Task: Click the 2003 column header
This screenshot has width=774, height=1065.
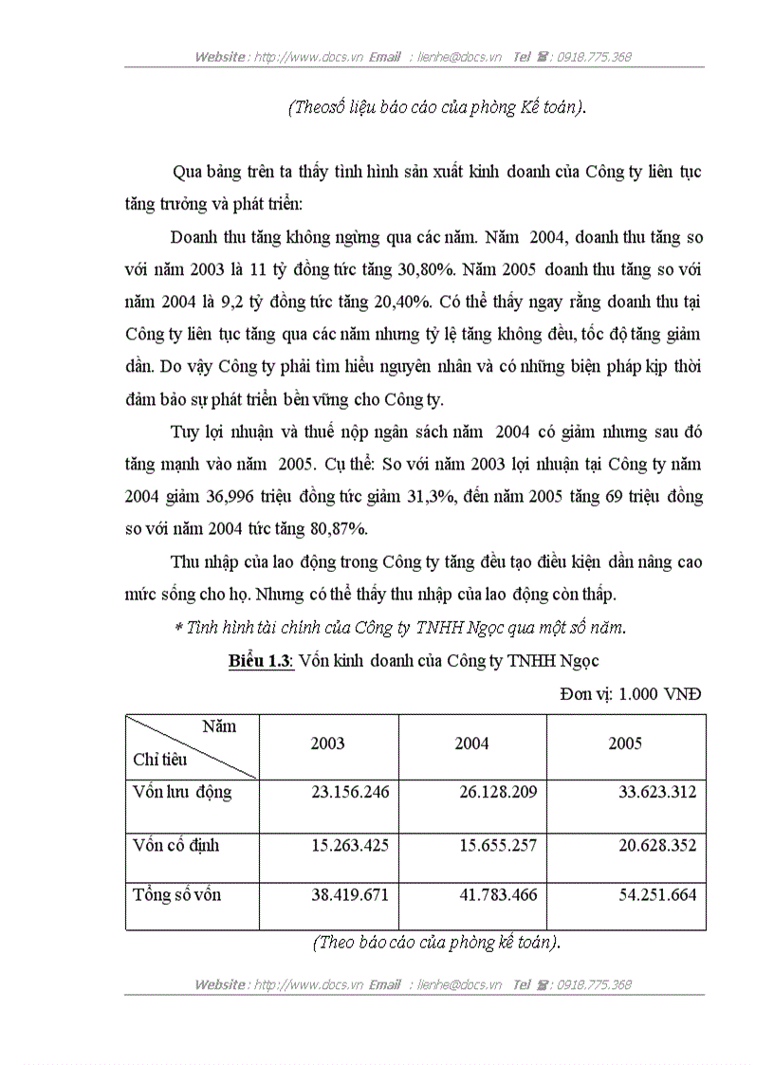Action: (x=327, y=744)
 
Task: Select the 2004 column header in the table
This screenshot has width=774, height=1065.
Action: (x=471, y=744)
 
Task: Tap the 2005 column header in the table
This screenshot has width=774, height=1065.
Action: (x=625, y=744)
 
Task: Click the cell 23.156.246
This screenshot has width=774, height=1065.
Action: (x=350, y=792)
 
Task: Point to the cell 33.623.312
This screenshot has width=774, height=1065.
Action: (x=649, y=792)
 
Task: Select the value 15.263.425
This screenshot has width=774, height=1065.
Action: (x=350, y=844)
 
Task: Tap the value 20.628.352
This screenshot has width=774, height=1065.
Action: (x=649, y=844)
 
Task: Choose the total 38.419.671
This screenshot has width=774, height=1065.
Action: (x=350, y=894)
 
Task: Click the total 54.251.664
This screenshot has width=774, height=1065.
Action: (x=649, y=894)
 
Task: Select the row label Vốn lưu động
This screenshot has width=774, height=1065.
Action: (x=182, y=792)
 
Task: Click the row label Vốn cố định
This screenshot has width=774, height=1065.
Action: (x=176, y=844)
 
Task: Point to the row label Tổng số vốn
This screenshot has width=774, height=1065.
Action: (x=178, y=894)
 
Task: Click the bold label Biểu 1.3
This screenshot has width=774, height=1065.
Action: (x=261, y=662)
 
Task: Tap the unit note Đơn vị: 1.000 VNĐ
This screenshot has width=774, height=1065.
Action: (x=632, y=693)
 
